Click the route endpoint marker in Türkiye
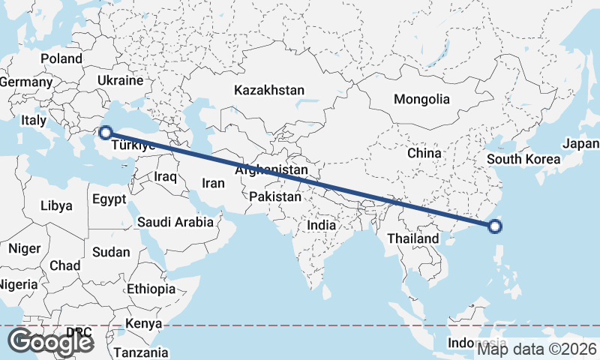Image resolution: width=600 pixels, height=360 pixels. (106, 132)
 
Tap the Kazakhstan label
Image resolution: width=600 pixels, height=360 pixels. (269, 90)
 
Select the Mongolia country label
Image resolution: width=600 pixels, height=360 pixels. (421, 99)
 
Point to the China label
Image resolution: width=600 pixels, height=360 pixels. (424, 153)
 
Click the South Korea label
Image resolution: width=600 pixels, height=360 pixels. (523, 159)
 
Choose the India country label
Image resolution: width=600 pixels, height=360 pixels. (322, 225)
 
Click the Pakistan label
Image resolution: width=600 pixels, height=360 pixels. (275, 197)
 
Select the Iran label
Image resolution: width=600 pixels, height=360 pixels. (214, 182)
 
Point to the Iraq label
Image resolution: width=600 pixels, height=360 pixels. (165, 177)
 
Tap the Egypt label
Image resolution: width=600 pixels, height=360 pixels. (110, 199)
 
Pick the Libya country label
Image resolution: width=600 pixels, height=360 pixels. (56, 205)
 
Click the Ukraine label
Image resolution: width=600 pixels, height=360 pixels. (120, 80)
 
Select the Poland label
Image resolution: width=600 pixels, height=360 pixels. (61, 58)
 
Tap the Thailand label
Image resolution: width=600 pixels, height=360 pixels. (412, 238)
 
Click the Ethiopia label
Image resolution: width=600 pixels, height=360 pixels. (151, 289)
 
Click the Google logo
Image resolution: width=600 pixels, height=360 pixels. (50, 342)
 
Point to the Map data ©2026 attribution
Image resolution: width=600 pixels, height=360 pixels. (537, 349)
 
